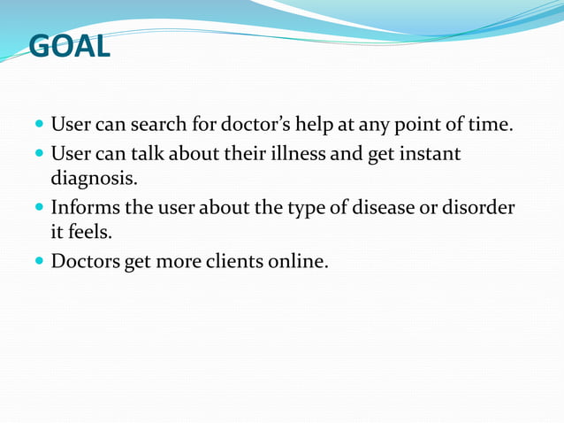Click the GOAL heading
pos(70,46)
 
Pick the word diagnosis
pos(93,180)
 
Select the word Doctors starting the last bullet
pos(87,263)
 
